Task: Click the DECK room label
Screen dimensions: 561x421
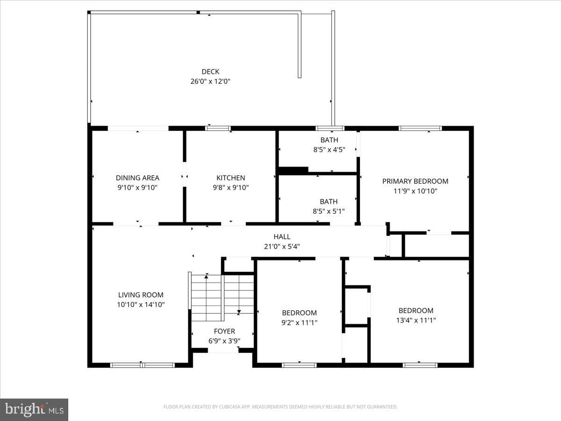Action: click(x=210, y=72)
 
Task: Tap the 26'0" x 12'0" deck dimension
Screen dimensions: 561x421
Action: click(x=210, y=81)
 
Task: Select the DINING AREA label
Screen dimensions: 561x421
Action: click(x=137, y=178)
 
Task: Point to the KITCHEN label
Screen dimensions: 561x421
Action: click(x=231, y=178)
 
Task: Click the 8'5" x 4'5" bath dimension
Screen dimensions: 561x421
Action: click(x=329, y=150)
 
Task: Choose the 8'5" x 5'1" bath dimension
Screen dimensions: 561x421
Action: click(x=329, y=211)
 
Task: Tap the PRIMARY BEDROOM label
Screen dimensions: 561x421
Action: click(x=415, y=181)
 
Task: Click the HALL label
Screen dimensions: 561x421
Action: click(x=282, y=237)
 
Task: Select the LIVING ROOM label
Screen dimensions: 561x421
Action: click(x=141, y=295)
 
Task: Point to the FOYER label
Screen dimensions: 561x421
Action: click(x=224, y=331)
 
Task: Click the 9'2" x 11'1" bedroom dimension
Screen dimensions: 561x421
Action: click(x=299, y=323)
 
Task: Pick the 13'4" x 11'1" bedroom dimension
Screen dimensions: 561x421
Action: click(x=416, y=320)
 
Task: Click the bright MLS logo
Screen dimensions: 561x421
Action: click(x=34, y=409)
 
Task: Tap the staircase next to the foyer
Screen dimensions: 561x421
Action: click(x=223, y=298)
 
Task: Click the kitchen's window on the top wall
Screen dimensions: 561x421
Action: click(x=218, y=128)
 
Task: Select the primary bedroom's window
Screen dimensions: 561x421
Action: click(x=420, y=128)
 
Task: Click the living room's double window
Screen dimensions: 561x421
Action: click(x=143, y=365)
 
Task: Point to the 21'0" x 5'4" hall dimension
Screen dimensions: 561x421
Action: click(x=282, y=247)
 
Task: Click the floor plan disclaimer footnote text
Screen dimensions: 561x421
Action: click(x=280, y=406)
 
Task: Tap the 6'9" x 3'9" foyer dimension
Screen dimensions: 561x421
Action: click(x=224, y=341)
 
